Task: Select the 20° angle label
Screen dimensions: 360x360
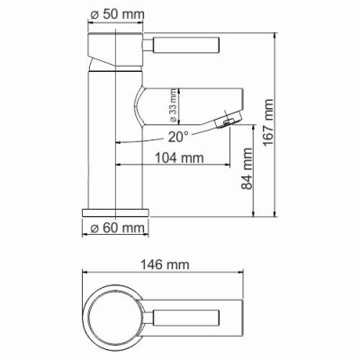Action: click(x=177, y=138)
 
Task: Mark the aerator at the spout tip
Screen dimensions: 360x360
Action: click(x=229, y=118)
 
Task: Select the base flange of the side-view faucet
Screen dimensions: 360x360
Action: click(x=115, y=210)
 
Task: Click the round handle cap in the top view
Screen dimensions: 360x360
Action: click(x=118, y=317)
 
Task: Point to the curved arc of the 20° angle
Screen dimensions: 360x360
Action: click(x=144, y=141)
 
